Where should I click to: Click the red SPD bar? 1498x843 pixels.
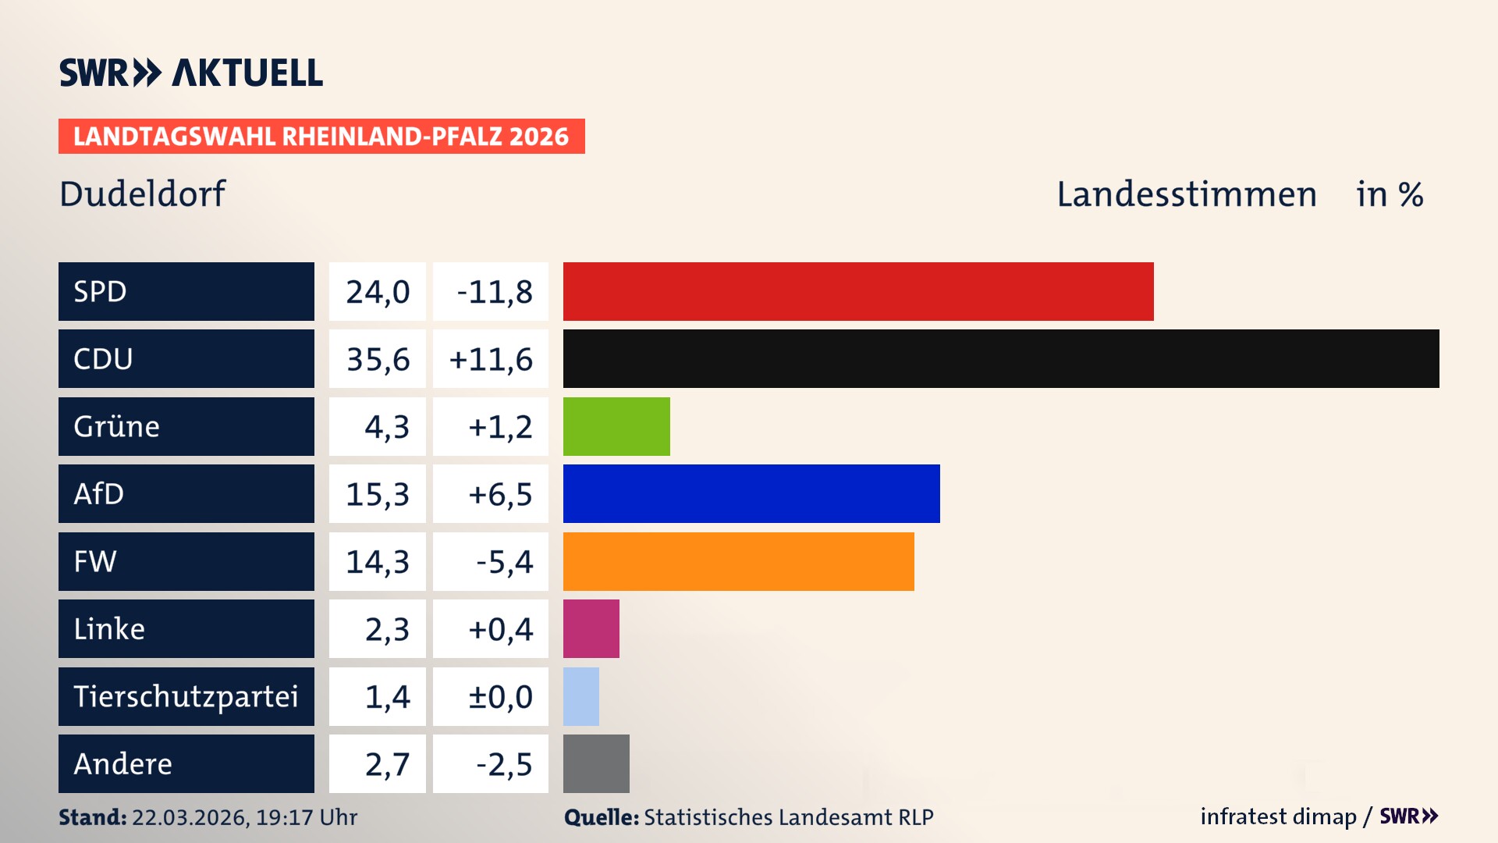858,291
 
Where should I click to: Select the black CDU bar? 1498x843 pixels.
1001,358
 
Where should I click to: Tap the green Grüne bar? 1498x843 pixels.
616,426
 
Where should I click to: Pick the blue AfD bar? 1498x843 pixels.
751,493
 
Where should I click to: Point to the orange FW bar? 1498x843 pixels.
738,561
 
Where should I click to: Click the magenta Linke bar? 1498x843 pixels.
591,628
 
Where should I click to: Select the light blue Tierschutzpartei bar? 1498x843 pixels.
580,696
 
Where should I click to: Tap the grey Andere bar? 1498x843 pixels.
596,763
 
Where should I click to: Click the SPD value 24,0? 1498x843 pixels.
378,292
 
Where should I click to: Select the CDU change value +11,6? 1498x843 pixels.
491,359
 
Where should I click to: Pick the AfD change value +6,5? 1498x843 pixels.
499,494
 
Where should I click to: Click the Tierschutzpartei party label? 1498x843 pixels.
186,696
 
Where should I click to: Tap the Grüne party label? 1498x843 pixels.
117,426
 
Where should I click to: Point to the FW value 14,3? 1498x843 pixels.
378,562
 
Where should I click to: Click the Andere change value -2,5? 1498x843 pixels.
503,764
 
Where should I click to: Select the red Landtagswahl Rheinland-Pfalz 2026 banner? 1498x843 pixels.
321,137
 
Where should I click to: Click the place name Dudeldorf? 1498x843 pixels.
142,194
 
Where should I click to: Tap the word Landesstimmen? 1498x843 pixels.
1186,194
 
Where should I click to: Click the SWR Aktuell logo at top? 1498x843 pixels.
190,73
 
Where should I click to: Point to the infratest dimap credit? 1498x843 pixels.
1278,816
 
